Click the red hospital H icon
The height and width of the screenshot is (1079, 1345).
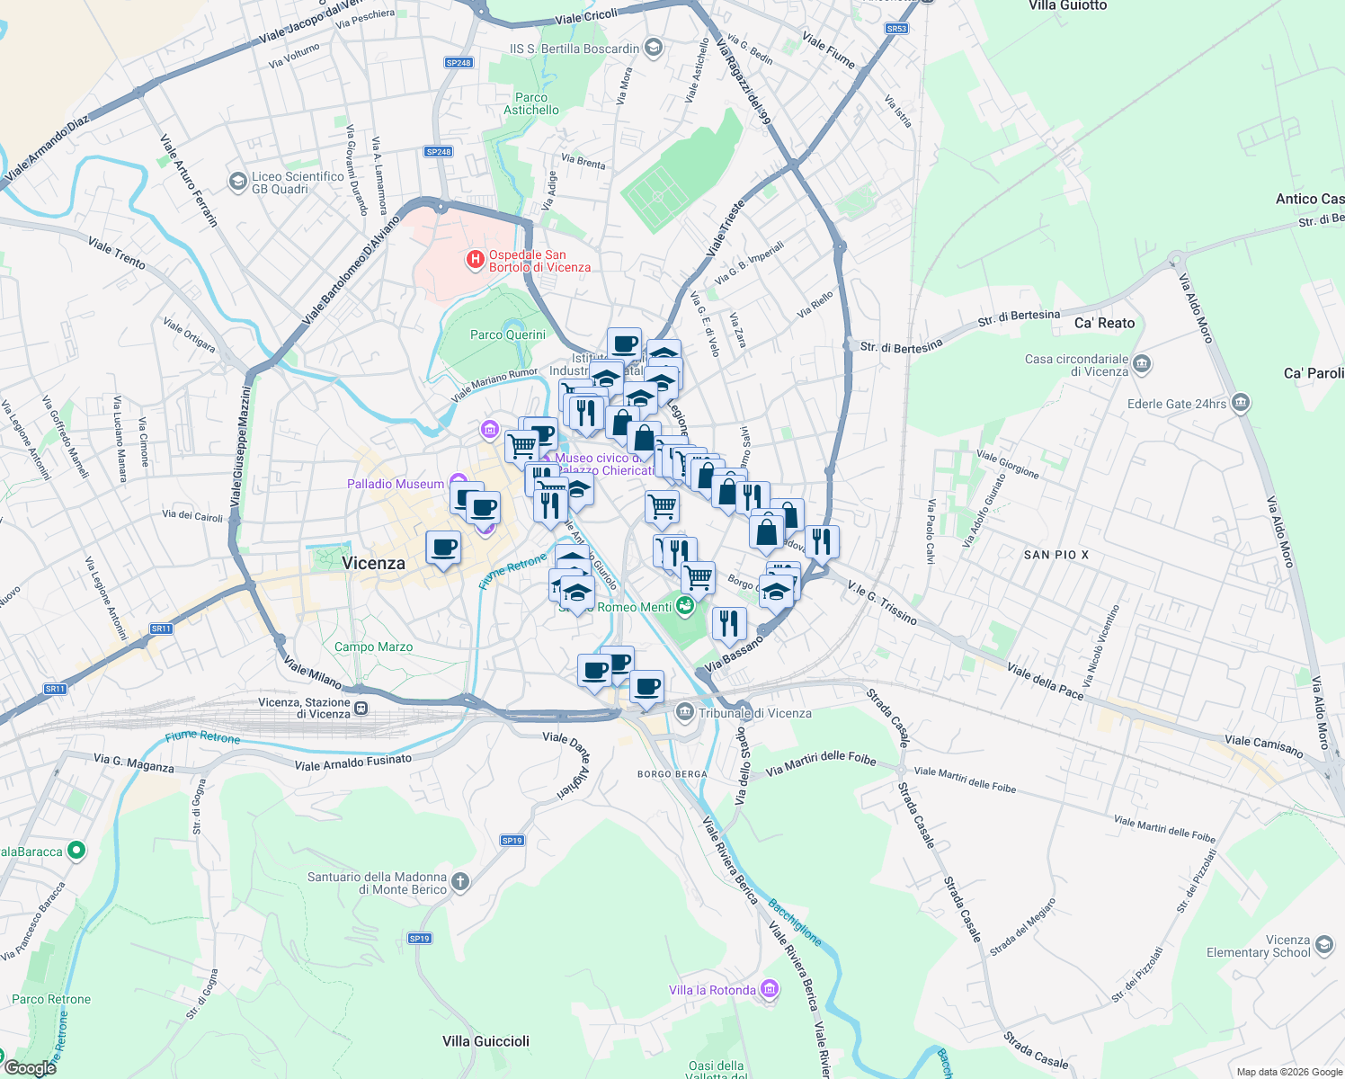475,260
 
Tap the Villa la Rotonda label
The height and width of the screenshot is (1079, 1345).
712,990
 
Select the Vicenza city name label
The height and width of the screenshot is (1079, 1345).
373,564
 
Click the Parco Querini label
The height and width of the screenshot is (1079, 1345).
507,334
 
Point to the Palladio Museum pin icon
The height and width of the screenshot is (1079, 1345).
458,483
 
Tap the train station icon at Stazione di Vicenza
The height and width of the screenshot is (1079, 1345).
361,708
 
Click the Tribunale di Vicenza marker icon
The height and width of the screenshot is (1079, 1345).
685,713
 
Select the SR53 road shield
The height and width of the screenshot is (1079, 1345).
895,29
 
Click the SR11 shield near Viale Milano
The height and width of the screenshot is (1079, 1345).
161,629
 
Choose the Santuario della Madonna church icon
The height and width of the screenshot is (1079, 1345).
460,882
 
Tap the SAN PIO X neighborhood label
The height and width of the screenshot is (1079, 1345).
1056,555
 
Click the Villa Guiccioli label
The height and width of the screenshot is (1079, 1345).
485,1041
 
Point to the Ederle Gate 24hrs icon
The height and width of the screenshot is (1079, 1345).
1241,403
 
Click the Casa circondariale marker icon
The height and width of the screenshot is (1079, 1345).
1142,364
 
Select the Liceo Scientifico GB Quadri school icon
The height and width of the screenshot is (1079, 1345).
237,182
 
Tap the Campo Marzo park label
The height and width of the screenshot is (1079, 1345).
373,647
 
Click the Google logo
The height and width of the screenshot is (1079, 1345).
31,1068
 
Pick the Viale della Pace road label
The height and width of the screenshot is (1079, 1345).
1045,681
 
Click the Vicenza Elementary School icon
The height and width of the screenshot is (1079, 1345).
1323,945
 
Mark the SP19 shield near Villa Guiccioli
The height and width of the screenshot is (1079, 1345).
419,938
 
